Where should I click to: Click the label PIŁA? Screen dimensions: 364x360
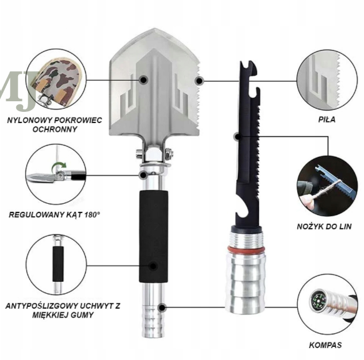326,120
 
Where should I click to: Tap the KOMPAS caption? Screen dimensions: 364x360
325,345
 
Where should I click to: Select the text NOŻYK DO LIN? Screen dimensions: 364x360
325,226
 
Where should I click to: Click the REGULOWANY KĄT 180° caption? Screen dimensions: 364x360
54,214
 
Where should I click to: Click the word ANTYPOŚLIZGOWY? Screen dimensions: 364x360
41,306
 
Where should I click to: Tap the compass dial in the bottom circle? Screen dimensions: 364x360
318,301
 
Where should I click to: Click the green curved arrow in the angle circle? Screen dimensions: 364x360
59,166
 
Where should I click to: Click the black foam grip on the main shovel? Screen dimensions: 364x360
153,236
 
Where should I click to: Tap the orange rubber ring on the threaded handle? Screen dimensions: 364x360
246,249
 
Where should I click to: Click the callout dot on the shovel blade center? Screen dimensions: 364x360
144,79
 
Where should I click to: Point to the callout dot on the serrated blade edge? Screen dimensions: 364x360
199,81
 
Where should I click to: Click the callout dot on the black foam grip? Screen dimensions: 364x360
153,266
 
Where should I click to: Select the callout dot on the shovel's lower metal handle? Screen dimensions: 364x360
162,307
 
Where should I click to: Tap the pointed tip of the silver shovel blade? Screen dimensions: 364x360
155,29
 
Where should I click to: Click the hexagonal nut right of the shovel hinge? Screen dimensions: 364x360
168,155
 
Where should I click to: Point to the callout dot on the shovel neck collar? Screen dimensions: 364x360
143,174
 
